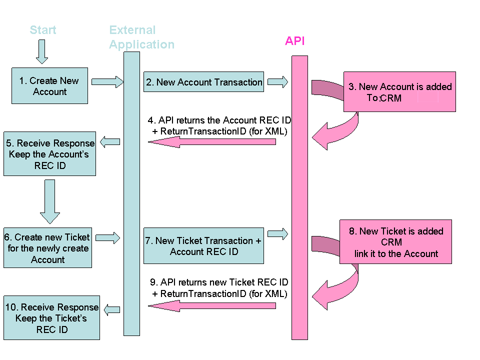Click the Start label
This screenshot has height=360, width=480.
point(43,30)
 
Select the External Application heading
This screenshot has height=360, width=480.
point(141,37)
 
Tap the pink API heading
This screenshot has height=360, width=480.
point(294,41)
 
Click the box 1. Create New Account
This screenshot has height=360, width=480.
point(49,86)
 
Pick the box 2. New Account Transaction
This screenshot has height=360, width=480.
point(203,82)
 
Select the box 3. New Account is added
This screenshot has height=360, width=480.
point(399,91)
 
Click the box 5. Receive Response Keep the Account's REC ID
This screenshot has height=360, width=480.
point(49,154)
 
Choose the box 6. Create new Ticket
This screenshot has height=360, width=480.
point(47,248)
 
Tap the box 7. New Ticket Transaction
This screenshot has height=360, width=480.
point(203,246)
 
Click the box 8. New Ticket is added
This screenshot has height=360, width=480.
point(395,242)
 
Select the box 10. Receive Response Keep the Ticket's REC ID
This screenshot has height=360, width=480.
point(51,318)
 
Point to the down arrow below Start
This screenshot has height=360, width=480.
point(42,51)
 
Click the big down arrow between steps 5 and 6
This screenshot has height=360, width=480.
point(49,201)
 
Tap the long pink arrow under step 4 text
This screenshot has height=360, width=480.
point(212,142)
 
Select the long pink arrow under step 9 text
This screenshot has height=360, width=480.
point(212,305)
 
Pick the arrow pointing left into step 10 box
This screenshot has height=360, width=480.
point(111,309)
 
